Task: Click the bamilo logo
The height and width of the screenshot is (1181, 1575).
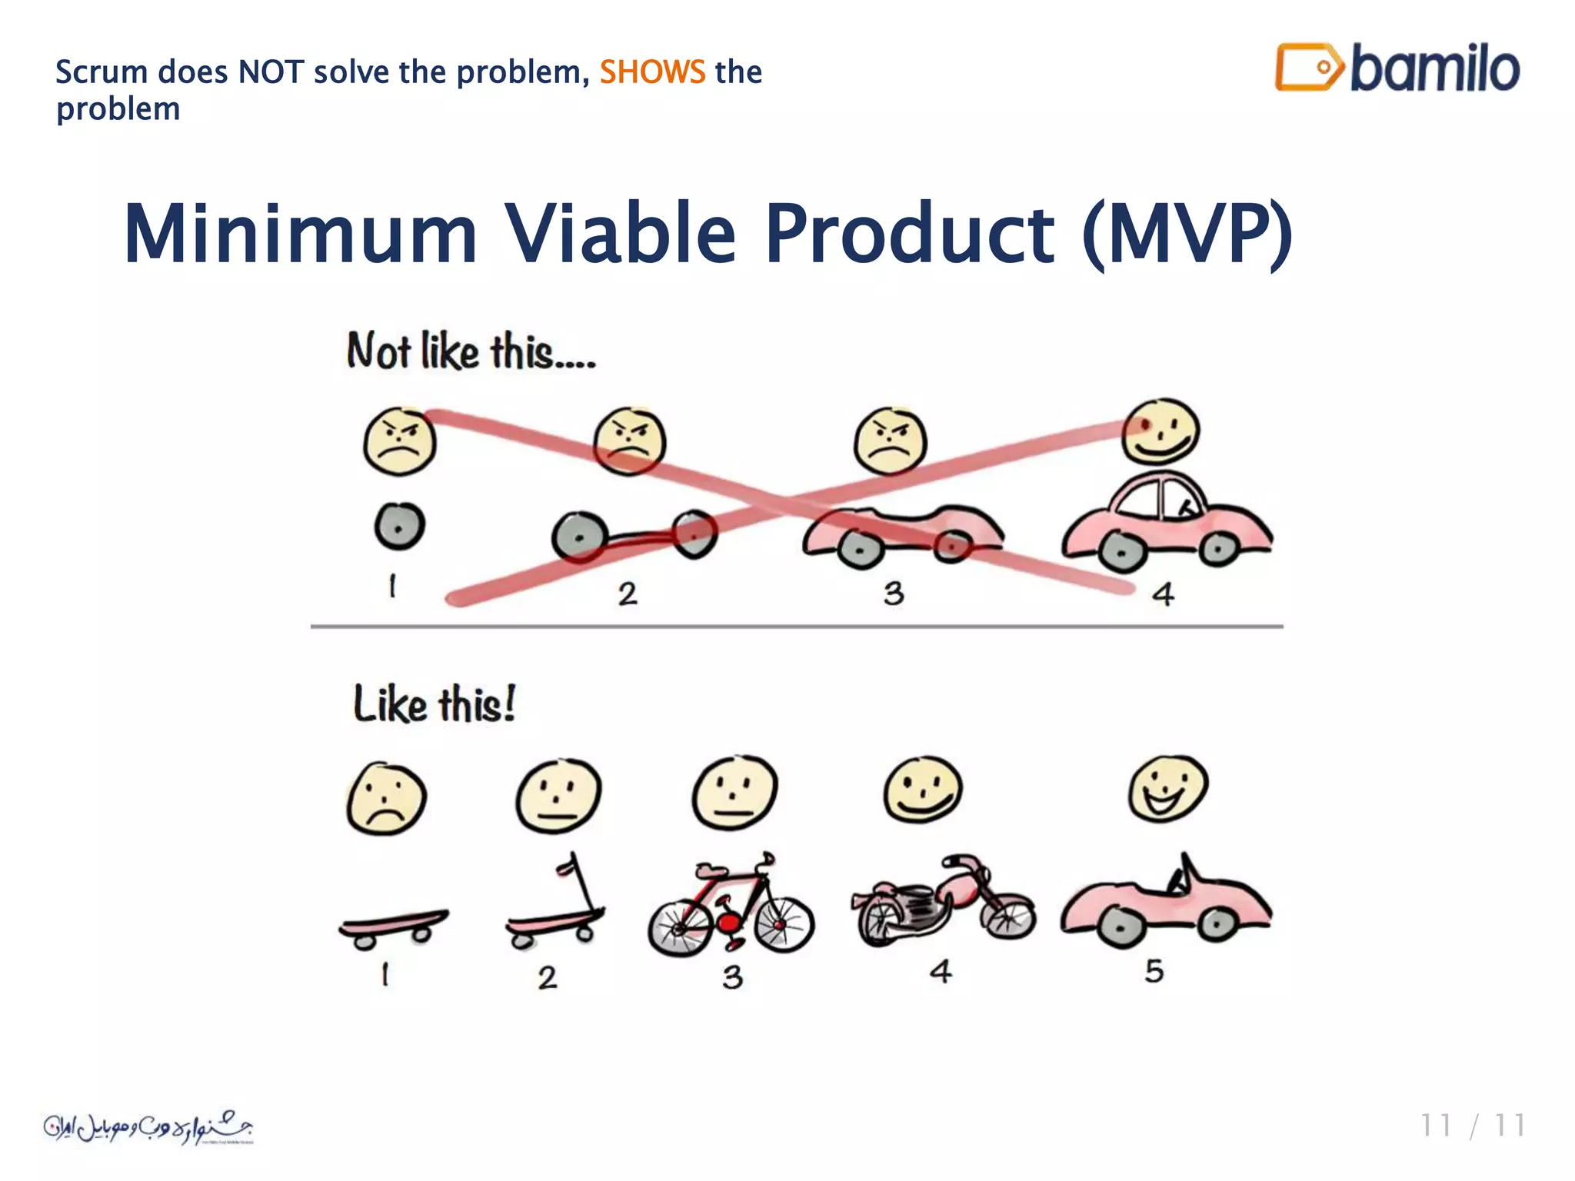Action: click(x=1397, y=68)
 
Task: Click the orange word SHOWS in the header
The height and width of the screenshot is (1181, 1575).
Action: click(x=652, y=72)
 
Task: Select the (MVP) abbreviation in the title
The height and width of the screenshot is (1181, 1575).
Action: click(x=1187, y=233)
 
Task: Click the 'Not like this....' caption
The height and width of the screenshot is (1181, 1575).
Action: click(x=471, y=352)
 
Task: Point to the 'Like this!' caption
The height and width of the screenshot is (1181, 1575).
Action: click(x=435, y=704)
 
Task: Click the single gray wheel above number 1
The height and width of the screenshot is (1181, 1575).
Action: click(x=399, y=526)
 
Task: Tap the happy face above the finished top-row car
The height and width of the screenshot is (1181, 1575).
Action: click(x=1160, y=431)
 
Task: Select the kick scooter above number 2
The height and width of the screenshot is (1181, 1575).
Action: click(x=558, y=907)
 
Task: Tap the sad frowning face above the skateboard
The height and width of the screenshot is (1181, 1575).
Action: click(x=386, y=799)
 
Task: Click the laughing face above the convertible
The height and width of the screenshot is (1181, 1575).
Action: click(x=1167, y=789)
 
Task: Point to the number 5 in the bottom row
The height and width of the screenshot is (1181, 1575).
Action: click(x=1154, y=971)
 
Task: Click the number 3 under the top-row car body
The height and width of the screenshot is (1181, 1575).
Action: click(x=893, y=594)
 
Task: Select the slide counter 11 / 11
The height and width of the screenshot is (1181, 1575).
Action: click(x=1472, y=1126)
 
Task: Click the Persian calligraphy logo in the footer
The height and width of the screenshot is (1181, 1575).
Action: click(x=148, y=1128)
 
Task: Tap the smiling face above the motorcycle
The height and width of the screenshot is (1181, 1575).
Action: click(x=922, y=790)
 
